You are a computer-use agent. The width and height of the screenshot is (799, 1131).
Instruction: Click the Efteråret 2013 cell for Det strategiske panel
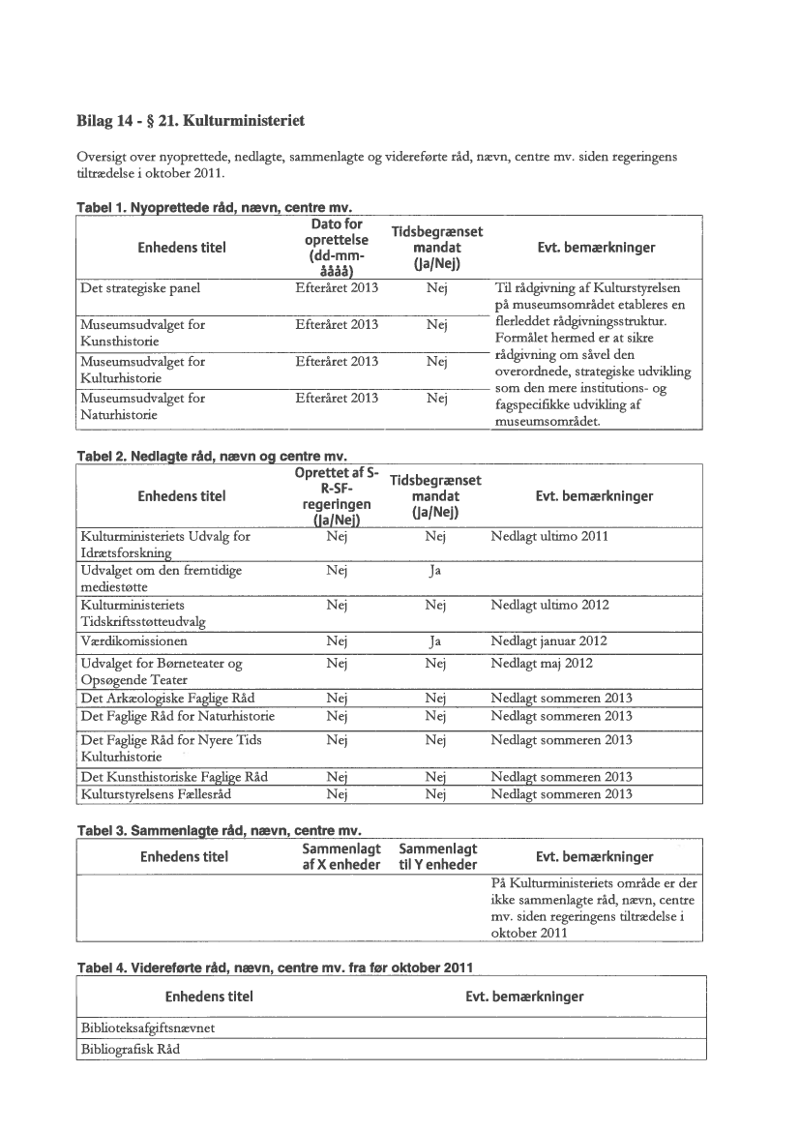coord(337,287)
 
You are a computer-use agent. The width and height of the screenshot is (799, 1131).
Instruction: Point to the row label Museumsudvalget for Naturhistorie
coord(143,405)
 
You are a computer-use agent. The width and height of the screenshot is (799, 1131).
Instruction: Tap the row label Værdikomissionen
coord(134,640)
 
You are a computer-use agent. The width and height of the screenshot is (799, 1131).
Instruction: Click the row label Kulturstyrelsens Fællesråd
coord(157,794)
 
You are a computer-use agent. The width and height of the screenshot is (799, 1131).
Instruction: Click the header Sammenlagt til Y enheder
coord(437,855)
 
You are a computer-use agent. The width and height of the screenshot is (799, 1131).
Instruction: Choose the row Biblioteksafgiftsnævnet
coord(146,1028)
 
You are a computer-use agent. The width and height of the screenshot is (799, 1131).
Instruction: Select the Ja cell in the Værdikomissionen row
coord(434,640)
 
